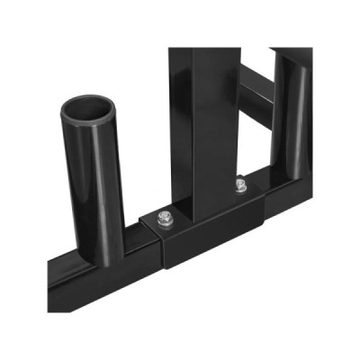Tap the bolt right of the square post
click(x=238, y=186)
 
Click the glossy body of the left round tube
click(x=90, y=180)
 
